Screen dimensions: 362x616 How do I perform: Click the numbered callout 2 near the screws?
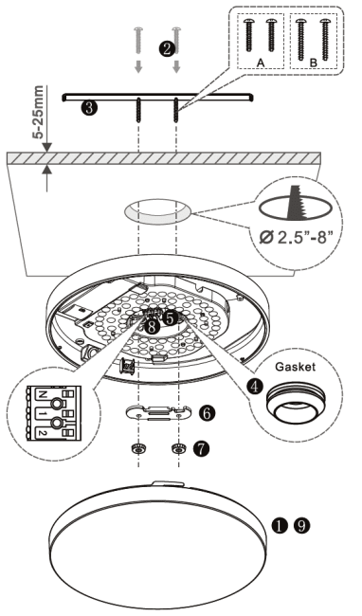[167, 48]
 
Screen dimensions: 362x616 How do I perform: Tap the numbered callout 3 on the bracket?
[89, 107]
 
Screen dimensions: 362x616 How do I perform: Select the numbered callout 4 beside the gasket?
[255, 387]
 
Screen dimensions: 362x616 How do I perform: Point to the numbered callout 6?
[207, 412]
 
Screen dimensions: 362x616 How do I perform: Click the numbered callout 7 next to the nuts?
[201, 449]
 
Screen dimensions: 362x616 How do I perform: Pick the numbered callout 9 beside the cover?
[302, 526]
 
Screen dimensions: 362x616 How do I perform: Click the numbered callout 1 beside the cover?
[280, 526]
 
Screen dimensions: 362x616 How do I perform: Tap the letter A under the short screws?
[261, 62]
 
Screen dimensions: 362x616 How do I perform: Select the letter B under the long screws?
[313, 63]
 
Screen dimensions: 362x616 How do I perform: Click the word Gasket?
[296, 367]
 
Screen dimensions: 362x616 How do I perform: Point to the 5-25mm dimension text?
[38, 113]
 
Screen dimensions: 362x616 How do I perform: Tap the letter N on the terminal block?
[44, 394]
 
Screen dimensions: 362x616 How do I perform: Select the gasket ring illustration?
[296, 404]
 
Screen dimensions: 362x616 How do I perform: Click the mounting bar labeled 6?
[159, 412]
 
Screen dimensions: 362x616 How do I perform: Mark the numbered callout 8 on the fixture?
[153, 326]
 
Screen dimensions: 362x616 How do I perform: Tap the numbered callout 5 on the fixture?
[170, 318]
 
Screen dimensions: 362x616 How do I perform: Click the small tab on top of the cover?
[168, 483]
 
